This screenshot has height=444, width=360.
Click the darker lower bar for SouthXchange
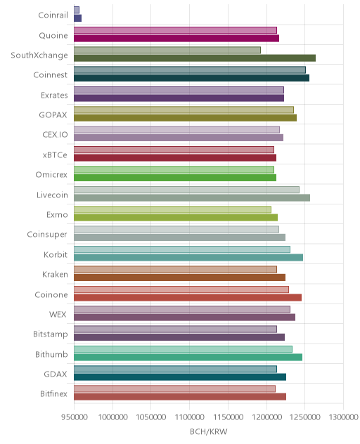point(195,58)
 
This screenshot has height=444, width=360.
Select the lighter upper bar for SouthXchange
point(167,50)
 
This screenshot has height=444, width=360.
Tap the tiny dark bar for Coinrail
point(77,18)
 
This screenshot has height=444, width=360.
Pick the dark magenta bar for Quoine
point(176,38)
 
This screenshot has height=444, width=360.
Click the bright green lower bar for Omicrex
point(175,178)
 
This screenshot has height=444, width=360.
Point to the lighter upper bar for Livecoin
point(186,190)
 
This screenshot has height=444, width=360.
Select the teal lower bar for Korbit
point(188,257)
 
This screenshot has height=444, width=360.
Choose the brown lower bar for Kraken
point(180,277)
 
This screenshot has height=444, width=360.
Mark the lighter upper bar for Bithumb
point(183,349)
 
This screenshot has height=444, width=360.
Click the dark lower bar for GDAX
point(180,377)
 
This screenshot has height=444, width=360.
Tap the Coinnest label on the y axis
point(51,74)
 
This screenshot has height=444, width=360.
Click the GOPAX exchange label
point(53,115)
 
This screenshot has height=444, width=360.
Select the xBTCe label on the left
point(55,155)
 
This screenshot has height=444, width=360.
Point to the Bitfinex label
point(53,393)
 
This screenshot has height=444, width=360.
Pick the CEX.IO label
point(55,134)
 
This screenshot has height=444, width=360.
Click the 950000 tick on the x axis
point(75,417)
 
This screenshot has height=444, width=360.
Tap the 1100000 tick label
point(189,417)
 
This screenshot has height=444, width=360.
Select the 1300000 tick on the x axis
point(343,417)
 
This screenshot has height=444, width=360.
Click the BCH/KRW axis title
point(209,431)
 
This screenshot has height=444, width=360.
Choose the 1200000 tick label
point(266,417)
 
